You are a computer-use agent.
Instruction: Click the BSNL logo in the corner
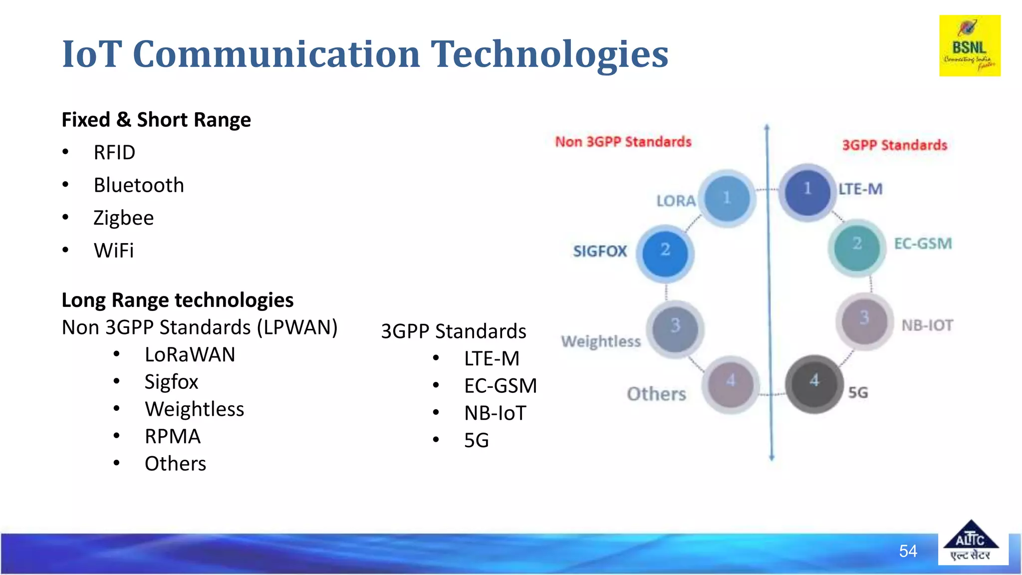point(970,46)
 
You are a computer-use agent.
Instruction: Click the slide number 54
point(908,551)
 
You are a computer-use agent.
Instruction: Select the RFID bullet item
point(114,153)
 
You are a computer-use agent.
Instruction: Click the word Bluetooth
point(139,186)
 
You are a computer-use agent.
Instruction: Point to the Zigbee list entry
point(123,218)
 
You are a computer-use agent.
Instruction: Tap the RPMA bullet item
point(172,437)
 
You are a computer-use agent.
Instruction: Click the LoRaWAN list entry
point(190,355)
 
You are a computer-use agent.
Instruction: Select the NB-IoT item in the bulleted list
point(495,413)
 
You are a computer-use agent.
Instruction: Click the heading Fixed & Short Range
point(156,120)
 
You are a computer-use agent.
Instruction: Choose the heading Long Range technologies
point(177,300)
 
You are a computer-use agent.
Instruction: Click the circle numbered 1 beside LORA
point(727,198)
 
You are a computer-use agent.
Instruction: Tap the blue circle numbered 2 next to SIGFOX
point(665,253)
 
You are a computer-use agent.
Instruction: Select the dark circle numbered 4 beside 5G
point(814,384)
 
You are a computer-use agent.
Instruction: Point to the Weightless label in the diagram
point(601,341)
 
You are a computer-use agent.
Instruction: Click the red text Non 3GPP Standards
point(623,142)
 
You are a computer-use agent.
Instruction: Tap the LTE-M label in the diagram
point(860,189)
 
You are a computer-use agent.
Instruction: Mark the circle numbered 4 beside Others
point(731,385)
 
